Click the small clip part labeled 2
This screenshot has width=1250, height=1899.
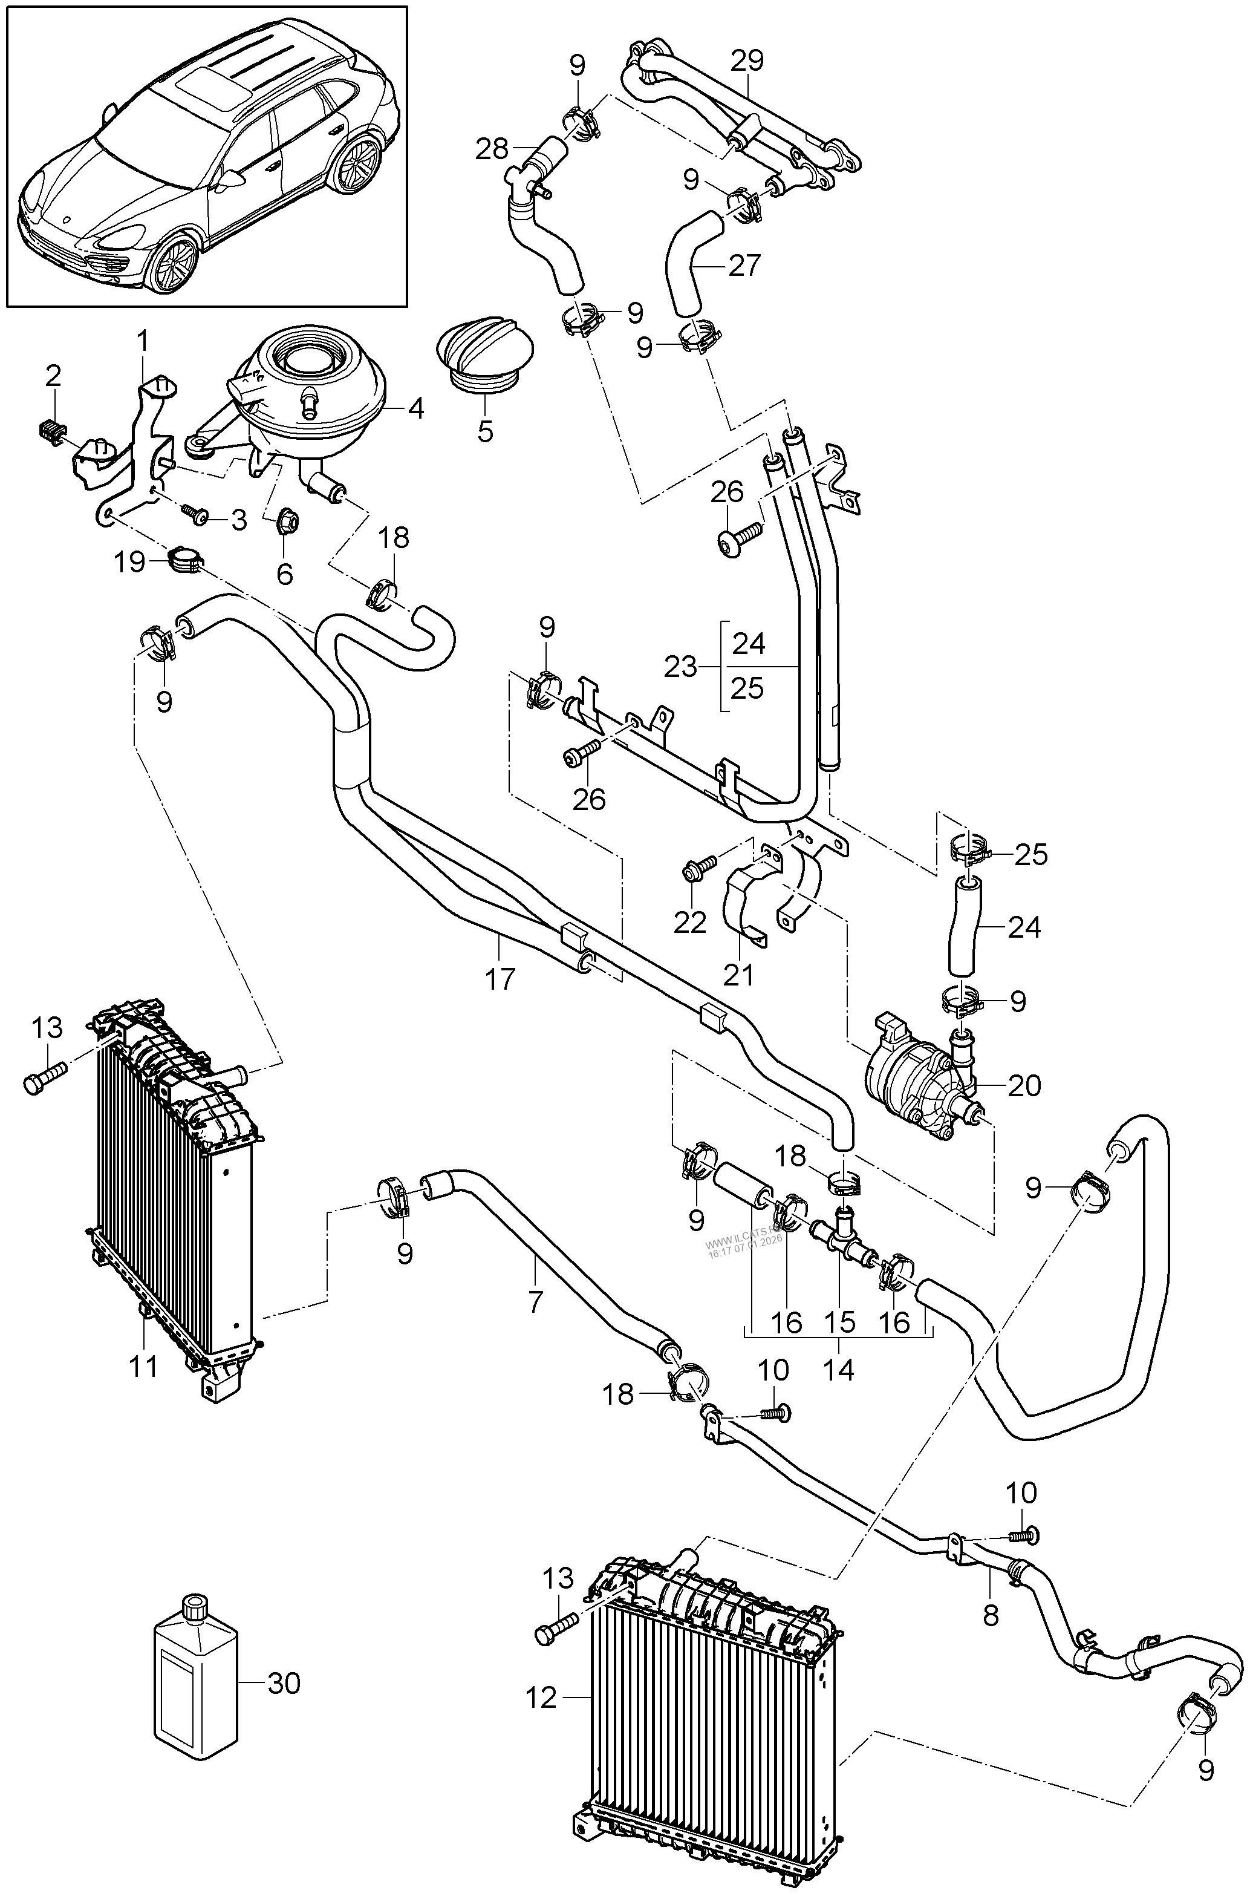coord(50,433)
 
